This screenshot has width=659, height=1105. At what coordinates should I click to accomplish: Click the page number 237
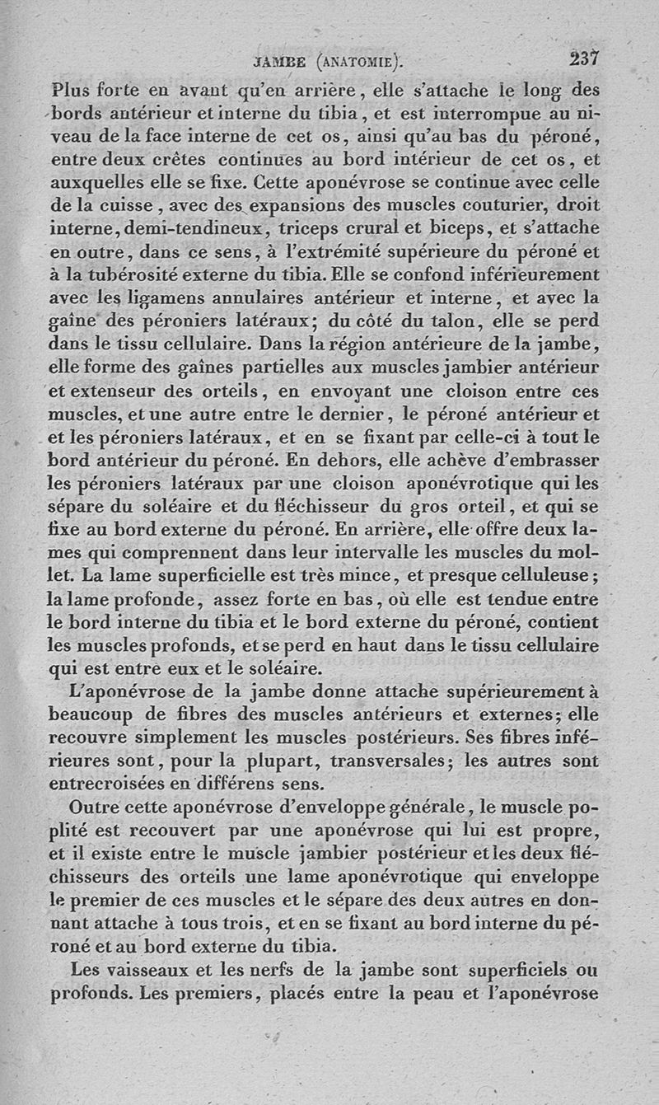click(582, 59)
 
